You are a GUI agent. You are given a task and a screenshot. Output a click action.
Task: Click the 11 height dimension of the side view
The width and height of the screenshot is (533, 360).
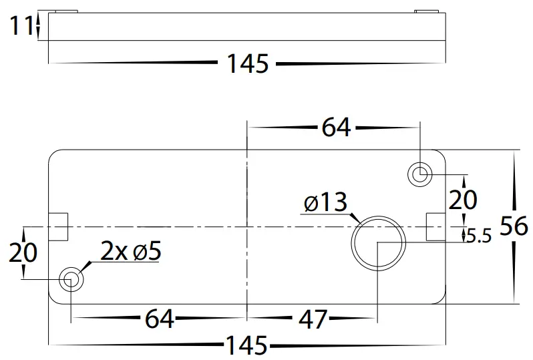click(x=22, y=26)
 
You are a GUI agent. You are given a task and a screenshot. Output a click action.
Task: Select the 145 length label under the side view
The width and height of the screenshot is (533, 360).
click(x=247, y=64)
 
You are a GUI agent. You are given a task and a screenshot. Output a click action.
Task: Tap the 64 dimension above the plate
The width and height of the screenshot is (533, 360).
click(x=335, y=127)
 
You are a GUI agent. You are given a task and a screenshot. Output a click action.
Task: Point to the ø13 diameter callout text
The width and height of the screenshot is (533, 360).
click(x=325, y=202)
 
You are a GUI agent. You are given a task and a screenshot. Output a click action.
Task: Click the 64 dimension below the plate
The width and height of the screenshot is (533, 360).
click(x=159, y=319)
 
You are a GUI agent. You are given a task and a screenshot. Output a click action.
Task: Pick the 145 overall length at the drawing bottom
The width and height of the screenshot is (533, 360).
click(x=246, y=346)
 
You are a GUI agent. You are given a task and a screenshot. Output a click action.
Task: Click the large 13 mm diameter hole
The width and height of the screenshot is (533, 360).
click(x=378, y=241)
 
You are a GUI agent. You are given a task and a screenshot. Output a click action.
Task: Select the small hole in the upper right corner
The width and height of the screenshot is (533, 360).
click(x=420, y=174)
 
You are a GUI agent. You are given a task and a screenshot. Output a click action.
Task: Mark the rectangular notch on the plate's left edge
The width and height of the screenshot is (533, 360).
click(x=59, y=226)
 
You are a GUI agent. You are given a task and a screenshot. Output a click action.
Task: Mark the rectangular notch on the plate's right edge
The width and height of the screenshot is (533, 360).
click(x=435, y=226)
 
